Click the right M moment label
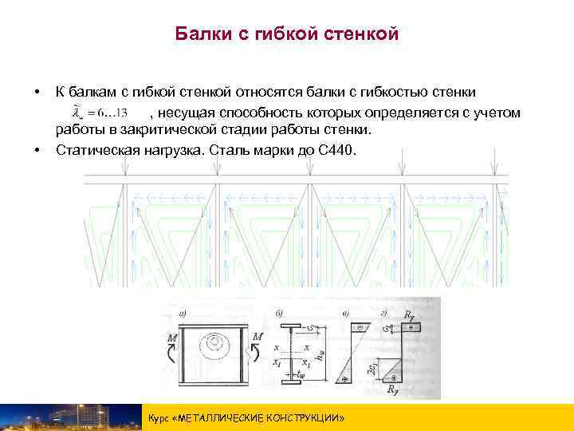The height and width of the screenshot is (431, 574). pos(257,338)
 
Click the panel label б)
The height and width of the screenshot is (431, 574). pos(278,312)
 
